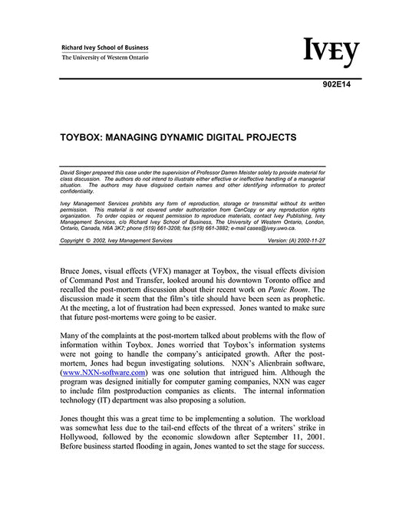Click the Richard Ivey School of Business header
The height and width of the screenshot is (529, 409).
click(x=105, y=48)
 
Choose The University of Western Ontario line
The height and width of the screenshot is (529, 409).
click(x=105, y=58)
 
